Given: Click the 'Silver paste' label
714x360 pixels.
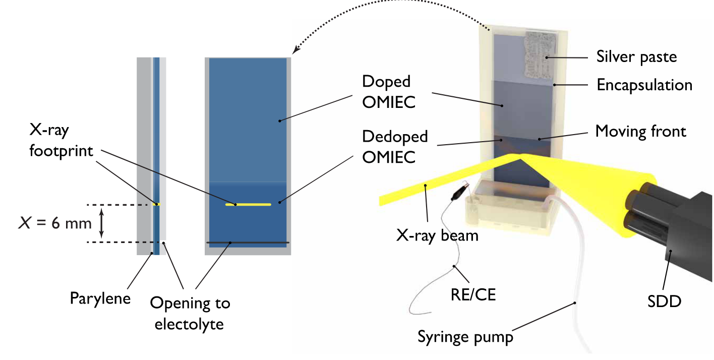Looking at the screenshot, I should [x=636, y=56].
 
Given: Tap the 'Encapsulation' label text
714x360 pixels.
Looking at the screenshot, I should [x=644, y=85].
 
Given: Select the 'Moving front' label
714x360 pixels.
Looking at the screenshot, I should [x=640, y=132].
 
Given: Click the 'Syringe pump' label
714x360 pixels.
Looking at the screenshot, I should [x=465, y=336].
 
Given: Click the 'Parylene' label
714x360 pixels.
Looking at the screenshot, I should [x=100, y=298].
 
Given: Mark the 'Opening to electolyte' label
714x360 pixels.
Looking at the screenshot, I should [x=190, y=313].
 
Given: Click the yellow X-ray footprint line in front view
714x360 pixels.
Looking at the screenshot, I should [x=248, y=204].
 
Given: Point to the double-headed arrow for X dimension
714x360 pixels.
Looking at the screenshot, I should [x=102, y=223].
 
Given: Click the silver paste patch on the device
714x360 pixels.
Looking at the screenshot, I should [x=540, y=53].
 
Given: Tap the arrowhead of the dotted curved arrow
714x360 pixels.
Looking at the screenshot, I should [x=295, y=50].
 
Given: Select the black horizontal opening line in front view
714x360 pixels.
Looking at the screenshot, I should [x=248, y=243].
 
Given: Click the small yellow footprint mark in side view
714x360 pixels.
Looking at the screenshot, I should [x=156, y=204].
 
